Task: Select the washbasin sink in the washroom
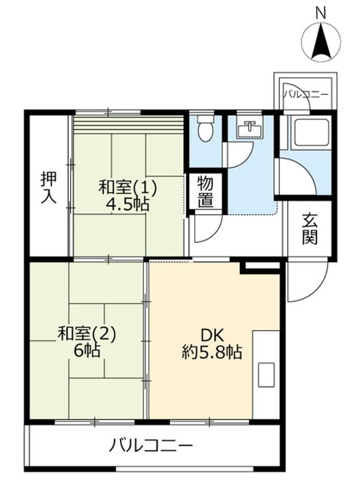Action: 250,130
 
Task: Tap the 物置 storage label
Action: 205,192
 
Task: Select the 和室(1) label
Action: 127,186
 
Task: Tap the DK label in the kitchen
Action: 212,334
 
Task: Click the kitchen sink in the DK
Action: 267,374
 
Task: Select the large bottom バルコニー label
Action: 151,447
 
